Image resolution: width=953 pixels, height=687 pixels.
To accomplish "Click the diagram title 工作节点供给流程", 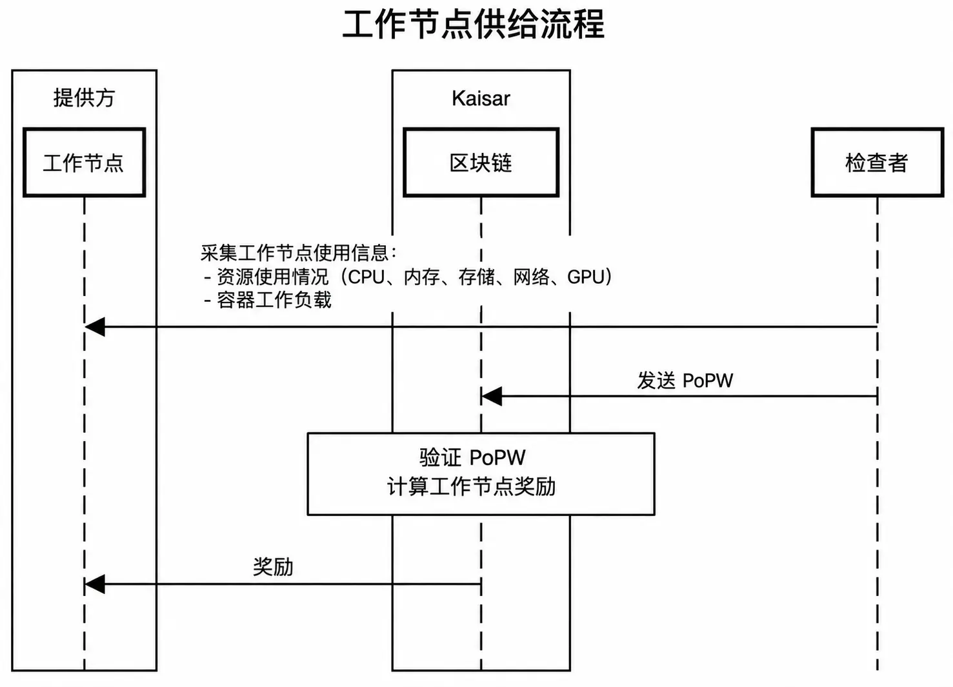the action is point(473,25).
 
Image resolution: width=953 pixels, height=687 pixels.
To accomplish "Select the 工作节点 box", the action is point(85,163).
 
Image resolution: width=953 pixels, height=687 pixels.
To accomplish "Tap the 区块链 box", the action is point(481,163).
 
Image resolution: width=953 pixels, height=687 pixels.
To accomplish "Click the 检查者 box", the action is point(877,163).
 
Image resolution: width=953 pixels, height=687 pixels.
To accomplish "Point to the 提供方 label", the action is point(85,98).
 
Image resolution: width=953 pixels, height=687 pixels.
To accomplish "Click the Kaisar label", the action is point(481,98).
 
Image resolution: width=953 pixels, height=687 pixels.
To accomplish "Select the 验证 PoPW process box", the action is point(481,474).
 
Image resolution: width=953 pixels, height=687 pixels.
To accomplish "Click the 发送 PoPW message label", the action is point(685,381).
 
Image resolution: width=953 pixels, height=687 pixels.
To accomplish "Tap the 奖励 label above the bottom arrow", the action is point(273,566).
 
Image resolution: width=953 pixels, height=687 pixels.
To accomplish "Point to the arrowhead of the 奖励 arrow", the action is point(94,584).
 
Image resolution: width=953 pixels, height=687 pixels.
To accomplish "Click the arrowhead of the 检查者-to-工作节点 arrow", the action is point(94,326).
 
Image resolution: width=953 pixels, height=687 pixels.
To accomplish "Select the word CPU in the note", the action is point(366,277).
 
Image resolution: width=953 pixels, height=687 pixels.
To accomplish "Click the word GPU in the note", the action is point(586,277).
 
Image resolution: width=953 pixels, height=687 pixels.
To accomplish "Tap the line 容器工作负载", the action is point(274,300).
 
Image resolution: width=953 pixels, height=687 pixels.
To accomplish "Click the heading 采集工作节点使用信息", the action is point(294,253).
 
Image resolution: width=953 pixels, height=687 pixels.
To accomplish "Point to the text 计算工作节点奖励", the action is point(472,486).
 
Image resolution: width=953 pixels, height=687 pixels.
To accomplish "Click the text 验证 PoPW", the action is point(472,458).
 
